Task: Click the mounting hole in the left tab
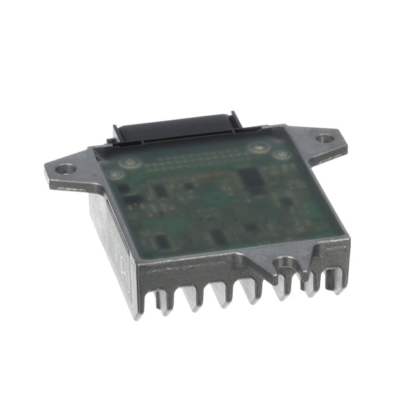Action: [65, 169]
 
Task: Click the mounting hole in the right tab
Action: [324, 137]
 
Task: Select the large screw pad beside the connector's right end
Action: [258, 148]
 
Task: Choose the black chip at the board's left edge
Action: [134, 201]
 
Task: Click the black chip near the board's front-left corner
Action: [162, 240]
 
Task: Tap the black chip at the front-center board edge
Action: [218, 237]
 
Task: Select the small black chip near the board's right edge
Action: [286, 202]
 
